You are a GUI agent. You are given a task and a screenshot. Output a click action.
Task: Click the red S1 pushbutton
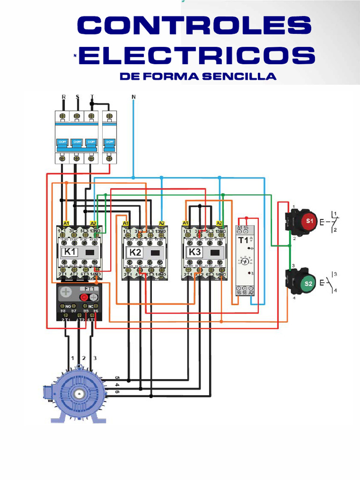tap(309, 220)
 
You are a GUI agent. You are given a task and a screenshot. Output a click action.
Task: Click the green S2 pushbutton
tap(308, 283)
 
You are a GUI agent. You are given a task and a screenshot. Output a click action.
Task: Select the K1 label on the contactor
tap(70, 252)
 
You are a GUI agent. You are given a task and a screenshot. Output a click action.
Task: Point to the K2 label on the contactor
tap(135, 252)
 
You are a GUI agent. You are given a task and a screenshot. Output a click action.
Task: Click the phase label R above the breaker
tap(64, 97)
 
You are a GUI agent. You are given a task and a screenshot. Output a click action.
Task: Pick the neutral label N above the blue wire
tap(134, 97)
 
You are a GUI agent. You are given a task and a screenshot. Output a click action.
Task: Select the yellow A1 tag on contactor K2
tap(126, 223)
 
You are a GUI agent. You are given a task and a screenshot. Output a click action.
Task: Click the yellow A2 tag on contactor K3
tap(219, 223)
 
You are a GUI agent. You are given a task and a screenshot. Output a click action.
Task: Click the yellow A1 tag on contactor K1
tap(66, 223)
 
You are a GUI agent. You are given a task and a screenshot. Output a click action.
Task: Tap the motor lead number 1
tap(73, 358)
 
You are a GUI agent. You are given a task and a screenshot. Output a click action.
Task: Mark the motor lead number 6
tap(117, 392)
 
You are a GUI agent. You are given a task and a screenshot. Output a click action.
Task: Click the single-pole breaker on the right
tap(109, 137)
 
